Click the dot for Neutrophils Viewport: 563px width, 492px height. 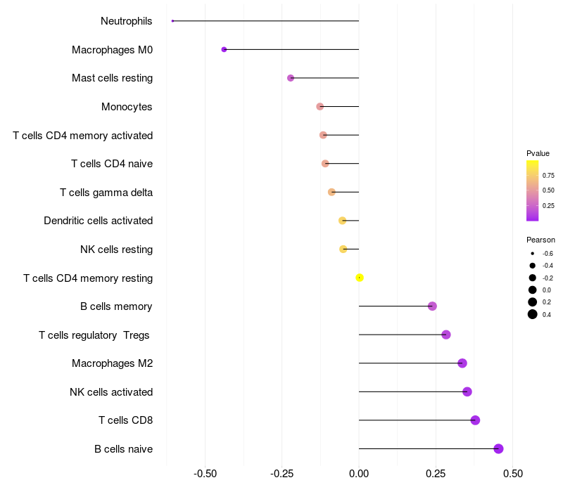pyautogui.click(x=172, y=21)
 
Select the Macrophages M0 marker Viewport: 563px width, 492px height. pyautogui.click(x=224, y=49)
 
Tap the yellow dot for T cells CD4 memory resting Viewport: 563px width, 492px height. pyautogui.click(x=360, y=278)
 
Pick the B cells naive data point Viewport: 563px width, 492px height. pyautogui.click(x=498, y=448)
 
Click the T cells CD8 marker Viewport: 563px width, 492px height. pyautogui.click(x=475, y=420)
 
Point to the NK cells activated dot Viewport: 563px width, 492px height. pyautogui.click(x=467, y=391)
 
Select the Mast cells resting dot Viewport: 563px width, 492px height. pyautogui.click(x=291, y=78)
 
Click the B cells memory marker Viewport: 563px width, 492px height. pyautogui.click(x=432, y=306)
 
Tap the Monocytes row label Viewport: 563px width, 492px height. pyautogui.click(x=127, y=107)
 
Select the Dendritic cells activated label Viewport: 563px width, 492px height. pyautogui.click(x=98, y=221)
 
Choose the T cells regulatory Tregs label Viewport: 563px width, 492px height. pyautogui.click(x=94, y=335)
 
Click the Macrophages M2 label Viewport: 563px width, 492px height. pyautogui.click(x=112, y=363)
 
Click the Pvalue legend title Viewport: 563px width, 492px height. pyautogui.click(x=538, y=153)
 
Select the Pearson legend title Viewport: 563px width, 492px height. pyautogui.click(x=540, y=240)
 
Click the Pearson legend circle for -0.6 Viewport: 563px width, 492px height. pyautogui.click(x=533, y=253)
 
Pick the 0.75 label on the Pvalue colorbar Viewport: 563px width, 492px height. pyautogui.click(x=548, y=175)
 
